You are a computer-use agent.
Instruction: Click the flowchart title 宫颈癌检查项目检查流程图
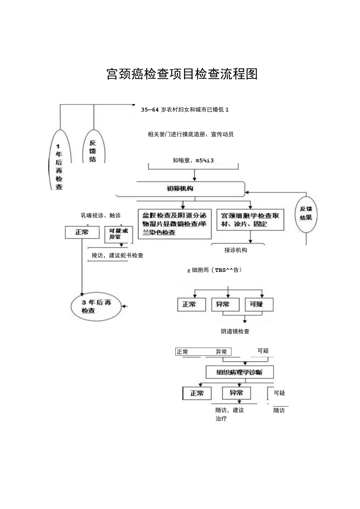pos(182,74)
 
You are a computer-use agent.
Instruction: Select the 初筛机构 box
pos(180,189)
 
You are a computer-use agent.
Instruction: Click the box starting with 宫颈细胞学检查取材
pos(250,220)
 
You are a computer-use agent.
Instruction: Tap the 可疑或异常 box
pos(116,234)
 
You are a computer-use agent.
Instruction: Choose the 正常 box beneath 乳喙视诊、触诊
pos(82,232)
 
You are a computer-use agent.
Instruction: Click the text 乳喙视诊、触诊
pos(101,215)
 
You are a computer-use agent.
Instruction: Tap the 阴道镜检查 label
pos(235,331)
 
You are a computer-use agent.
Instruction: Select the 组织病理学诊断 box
pos(239,372)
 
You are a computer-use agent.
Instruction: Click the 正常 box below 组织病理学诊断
pos(197,393)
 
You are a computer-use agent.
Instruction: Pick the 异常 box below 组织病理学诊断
pos(236,393)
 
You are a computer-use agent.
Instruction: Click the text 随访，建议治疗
pos(229,414)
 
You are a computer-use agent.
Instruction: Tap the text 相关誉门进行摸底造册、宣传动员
pos(191,135)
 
